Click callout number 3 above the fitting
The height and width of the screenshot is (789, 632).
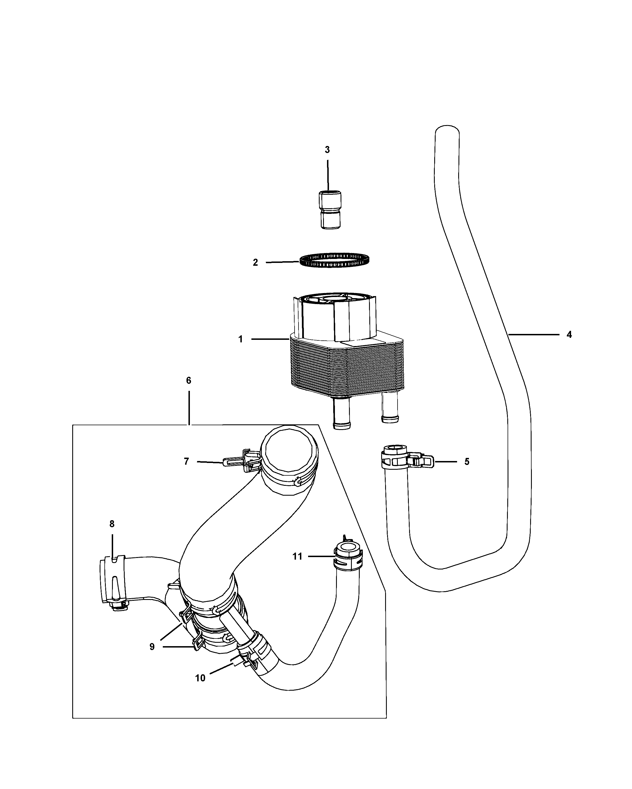[327, 150]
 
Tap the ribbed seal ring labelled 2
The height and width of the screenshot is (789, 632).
[334, 260]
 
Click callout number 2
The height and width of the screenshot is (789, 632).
[255, 262]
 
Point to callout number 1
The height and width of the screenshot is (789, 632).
[240, 340]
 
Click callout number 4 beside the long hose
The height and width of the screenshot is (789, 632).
[569, 334]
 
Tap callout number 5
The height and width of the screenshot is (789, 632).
[467, 462]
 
